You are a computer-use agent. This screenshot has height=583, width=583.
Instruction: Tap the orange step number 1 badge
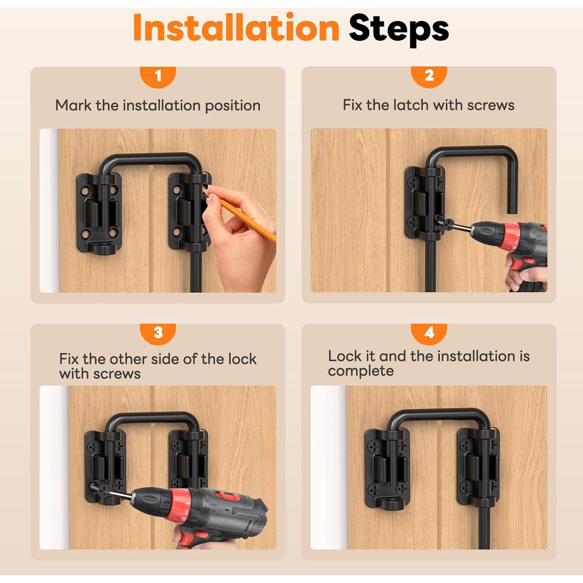(x=158, y=76)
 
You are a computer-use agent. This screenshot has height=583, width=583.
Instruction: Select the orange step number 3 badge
(x=158, y=333)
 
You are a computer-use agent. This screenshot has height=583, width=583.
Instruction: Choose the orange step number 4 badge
(x=429, y=333)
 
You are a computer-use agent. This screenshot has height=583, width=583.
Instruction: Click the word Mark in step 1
(x=73, y=105)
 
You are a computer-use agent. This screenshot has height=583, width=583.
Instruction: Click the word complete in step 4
(x=361, y=371)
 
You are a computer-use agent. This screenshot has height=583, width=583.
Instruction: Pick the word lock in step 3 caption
(x=242, y=359)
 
